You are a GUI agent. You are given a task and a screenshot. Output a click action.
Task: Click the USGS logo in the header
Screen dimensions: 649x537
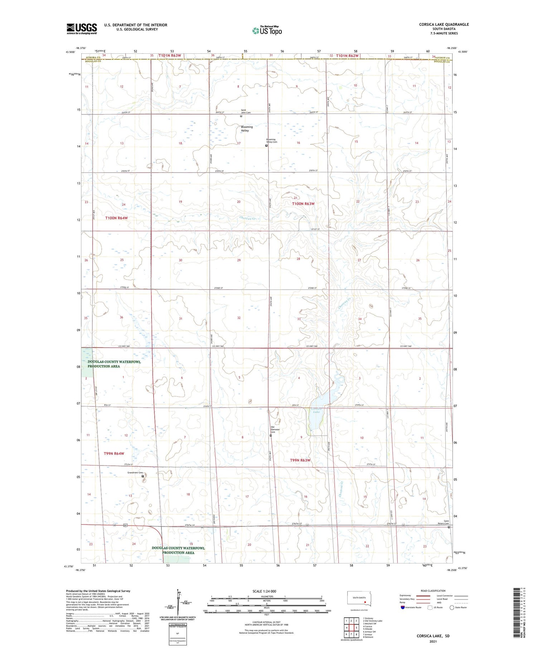[x=82, y=29]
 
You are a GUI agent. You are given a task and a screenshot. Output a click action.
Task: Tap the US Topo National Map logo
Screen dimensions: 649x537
[x=267, y=30]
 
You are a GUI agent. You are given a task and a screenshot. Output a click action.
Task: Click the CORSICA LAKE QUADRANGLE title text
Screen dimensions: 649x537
[x=444, y=24]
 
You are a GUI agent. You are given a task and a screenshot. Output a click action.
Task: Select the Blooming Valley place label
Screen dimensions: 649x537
[x=247, y=129]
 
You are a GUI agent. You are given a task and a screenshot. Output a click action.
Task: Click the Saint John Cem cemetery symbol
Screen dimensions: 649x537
[x=241, y=116]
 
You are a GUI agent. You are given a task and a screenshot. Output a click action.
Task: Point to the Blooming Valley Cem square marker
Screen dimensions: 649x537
[x=266, y=146]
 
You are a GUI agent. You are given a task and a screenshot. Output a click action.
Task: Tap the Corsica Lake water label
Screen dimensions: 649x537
[x=316, y=410]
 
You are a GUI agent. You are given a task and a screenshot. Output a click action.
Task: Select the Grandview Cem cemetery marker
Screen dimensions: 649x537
[x=143, y=476]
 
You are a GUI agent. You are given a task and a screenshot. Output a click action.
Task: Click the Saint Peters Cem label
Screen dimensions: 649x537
[x=446, y=522]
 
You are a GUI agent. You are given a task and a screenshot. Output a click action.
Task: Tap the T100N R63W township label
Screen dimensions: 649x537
[x=303, y=204]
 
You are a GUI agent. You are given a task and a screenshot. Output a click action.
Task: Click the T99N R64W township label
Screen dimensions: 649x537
[x=114, y=454]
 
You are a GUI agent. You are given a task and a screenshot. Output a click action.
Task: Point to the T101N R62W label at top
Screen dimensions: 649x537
[x=347, y=55]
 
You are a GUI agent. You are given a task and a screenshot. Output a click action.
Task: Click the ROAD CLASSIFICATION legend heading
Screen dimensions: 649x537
[x=433, y=591]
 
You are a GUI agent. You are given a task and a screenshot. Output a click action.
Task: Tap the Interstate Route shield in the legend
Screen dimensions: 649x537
[x=403, y=607]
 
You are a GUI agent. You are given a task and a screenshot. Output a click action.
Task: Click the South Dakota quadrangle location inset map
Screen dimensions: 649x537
[x=359, y=599]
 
